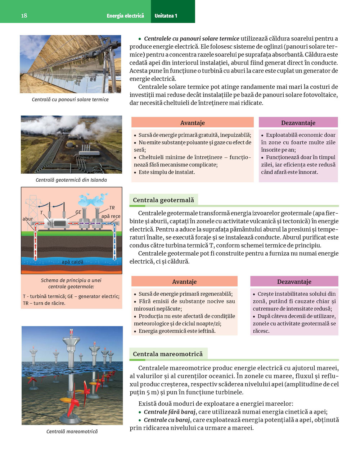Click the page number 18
24,15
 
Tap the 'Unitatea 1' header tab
166,16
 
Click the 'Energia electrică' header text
125,16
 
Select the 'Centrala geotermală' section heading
163,200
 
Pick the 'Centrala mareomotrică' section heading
168,354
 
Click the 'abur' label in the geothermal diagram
28,219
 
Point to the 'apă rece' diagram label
111,216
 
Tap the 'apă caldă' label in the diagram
72,262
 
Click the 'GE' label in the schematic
78,212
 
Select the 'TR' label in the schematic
112,208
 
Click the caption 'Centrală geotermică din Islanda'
71,180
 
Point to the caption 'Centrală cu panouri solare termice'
70,99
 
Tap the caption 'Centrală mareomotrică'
72,431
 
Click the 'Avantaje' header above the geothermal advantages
184,282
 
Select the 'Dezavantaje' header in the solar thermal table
298,123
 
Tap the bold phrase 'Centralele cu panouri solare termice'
192,38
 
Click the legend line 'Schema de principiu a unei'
71,280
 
